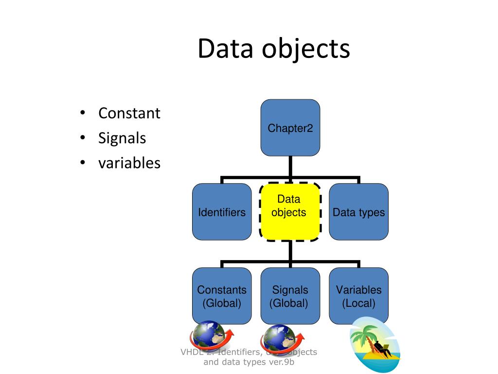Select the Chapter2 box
[290, 128]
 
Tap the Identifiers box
[222, 212]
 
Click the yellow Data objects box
[290, 211]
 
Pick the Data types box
[358, 212]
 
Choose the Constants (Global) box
[222, 296]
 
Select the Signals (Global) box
[290, 296]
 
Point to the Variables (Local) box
[358, 296]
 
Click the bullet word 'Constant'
[129, 113]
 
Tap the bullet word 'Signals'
[122, 138]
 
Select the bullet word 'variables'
[129, 163]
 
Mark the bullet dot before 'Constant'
[83, 114]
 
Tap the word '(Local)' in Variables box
[358, 303]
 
